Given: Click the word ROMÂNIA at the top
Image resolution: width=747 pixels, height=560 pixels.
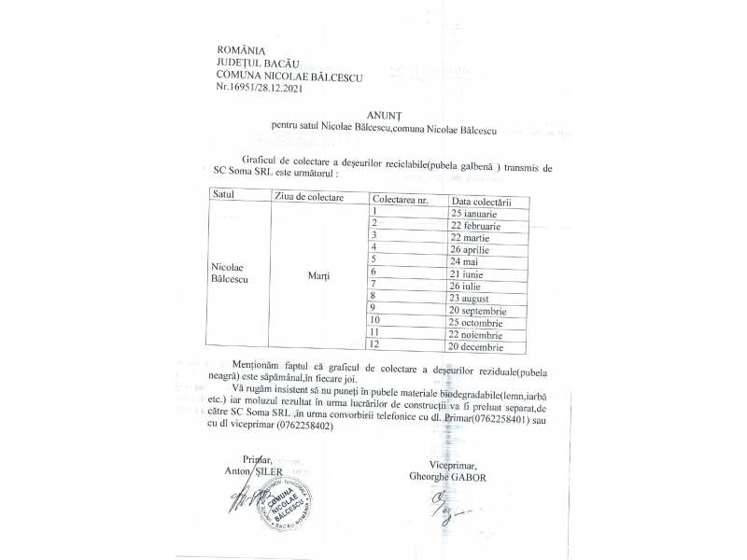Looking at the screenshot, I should (241, 49).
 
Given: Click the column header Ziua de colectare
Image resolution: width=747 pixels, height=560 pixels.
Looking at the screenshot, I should (309, 198).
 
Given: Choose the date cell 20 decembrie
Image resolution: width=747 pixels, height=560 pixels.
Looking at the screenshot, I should (481, 346).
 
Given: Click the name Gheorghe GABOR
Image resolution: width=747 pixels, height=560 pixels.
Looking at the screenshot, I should (447, 477).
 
